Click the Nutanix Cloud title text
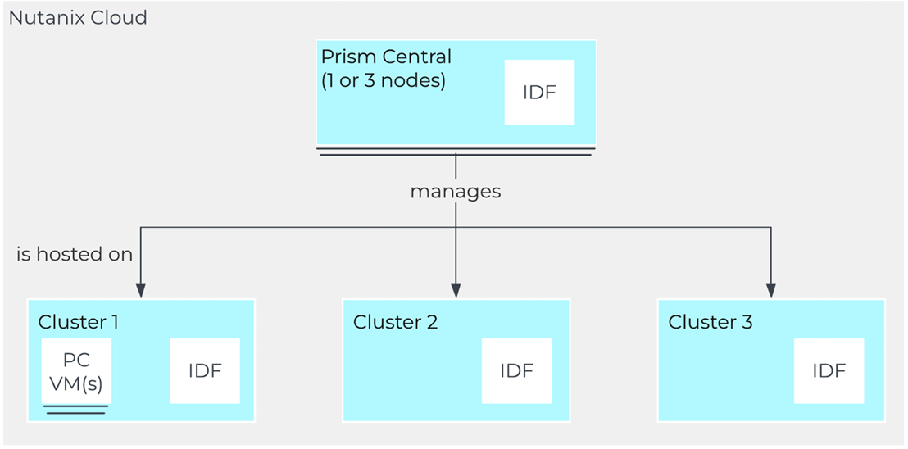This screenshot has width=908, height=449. [78, 18]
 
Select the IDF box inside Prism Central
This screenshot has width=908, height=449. [539, 93]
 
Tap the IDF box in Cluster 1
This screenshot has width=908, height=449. [205, 371]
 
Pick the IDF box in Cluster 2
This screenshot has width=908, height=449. [516, 371]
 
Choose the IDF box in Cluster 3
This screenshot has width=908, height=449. [829, 371]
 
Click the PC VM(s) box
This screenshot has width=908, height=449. [76, 371]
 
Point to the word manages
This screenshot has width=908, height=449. [455, 192]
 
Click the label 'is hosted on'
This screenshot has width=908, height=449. [75, 254]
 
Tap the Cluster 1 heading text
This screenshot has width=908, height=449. [78, 322]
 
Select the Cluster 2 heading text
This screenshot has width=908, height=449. [396, 322]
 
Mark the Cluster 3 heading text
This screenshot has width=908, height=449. [711, 322]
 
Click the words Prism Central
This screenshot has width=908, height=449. [386, 57]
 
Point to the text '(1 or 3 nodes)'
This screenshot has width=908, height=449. [384, 80]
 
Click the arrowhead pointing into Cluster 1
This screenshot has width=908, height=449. [141, 291]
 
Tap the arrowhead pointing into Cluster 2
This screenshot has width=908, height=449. [456, 291]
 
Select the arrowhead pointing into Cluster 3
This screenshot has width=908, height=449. [771, 291]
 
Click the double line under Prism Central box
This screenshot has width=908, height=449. [456, 152]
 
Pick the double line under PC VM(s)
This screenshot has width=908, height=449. [76, 410]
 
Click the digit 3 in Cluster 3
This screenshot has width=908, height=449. [747, 322]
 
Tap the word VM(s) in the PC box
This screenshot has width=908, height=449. [76, 383]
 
